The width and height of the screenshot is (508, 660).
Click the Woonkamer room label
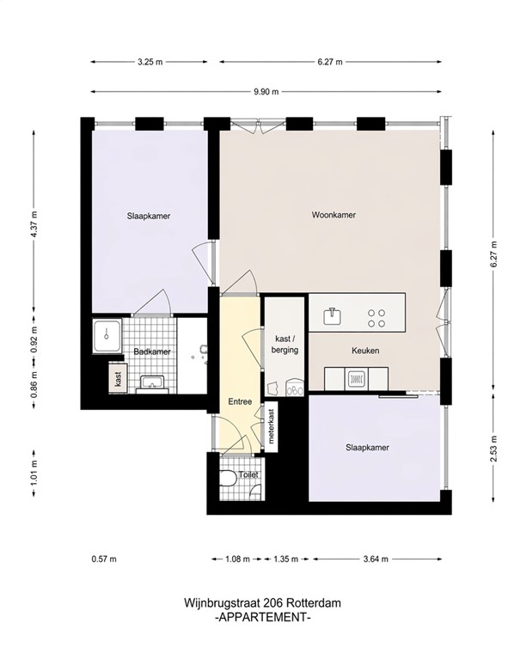coord(334,216)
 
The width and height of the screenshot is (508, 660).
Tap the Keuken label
coord(365,351)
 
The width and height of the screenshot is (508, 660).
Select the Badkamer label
coord(152,352)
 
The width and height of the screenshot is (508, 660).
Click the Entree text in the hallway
coord(240,401)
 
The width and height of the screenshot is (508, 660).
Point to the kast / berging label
coord(285,344)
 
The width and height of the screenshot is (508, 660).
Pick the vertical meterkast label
coord(271,425)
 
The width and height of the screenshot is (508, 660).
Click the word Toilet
coord(248,474)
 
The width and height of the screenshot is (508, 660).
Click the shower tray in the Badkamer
coord(108,335)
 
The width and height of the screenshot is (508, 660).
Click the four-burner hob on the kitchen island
coord(376,318)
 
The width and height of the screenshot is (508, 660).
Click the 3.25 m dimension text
coord(149,62)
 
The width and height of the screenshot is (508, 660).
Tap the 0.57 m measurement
coord(103,559)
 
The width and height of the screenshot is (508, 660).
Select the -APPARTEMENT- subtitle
coord(262,617)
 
